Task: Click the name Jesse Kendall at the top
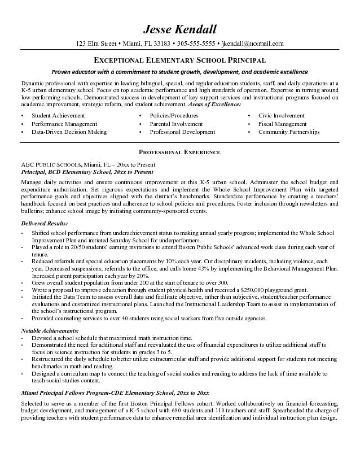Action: point(179,29)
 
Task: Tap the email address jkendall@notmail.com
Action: point(253,43)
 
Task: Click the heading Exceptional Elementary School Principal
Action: point(179,60)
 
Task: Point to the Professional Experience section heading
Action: point(179,153)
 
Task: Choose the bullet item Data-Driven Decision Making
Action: point(69,132)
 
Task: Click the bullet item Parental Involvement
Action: point(176,124)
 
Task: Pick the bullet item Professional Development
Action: point(182,132)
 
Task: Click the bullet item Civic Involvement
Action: point(282,115)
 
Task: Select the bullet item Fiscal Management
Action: point(283,124)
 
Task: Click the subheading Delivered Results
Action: point(44,223)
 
